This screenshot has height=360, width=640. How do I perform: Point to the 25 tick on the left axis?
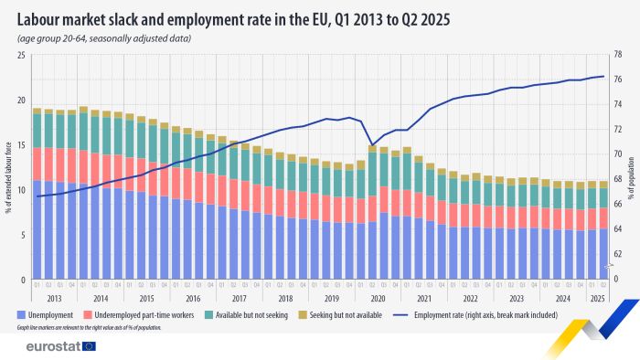(x=21, y=55)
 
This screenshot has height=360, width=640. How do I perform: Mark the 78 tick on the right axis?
(x=617, y=55)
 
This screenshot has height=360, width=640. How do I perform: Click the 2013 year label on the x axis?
(x=55, y=297)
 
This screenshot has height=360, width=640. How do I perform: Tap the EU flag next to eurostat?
(x=90, y=346)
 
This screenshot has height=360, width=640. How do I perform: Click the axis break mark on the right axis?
(x=608, y=267)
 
